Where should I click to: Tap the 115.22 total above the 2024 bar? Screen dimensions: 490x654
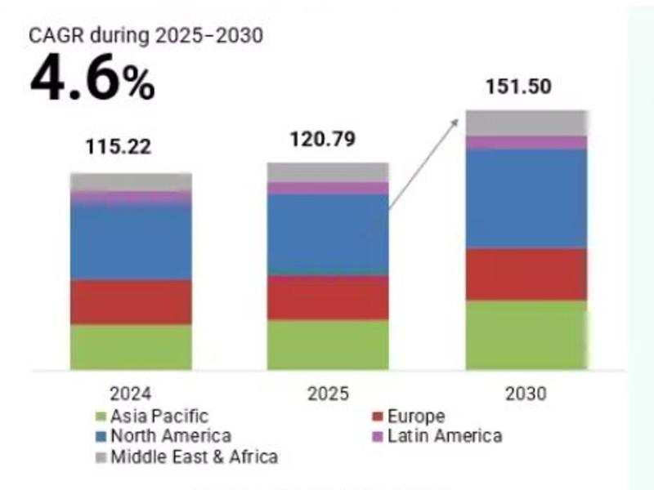[119, 148]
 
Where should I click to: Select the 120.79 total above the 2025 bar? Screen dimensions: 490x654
[323, 139]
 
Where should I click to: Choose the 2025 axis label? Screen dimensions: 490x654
[328, 394]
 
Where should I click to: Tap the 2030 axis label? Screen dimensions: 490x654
[526, 394]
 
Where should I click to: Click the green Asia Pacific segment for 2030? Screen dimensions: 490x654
[526, 335]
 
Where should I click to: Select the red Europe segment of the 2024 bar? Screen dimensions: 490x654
[131, 302]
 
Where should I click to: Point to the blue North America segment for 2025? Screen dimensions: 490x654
[328, 234]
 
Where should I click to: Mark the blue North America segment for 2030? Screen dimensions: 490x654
[526, 198]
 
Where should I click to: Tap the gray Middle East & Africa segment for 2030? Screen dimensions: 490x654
[526, 122]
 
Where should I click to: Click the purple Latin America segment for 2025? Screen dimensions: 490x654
[328, 188]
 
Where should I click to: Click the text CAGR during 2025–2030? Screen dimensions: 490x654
[146, 37]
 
